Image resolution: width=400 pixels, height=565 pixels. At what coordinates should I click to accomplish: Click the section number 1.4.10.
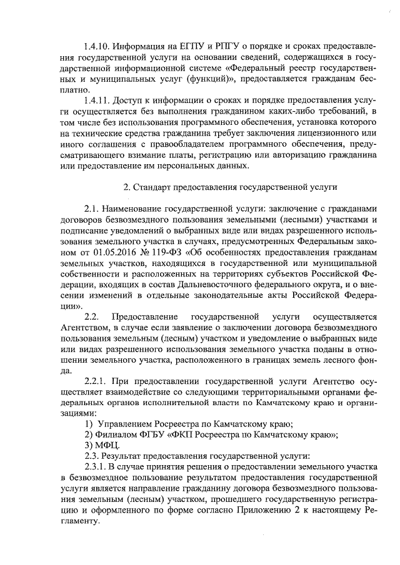tap(97, 47)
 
